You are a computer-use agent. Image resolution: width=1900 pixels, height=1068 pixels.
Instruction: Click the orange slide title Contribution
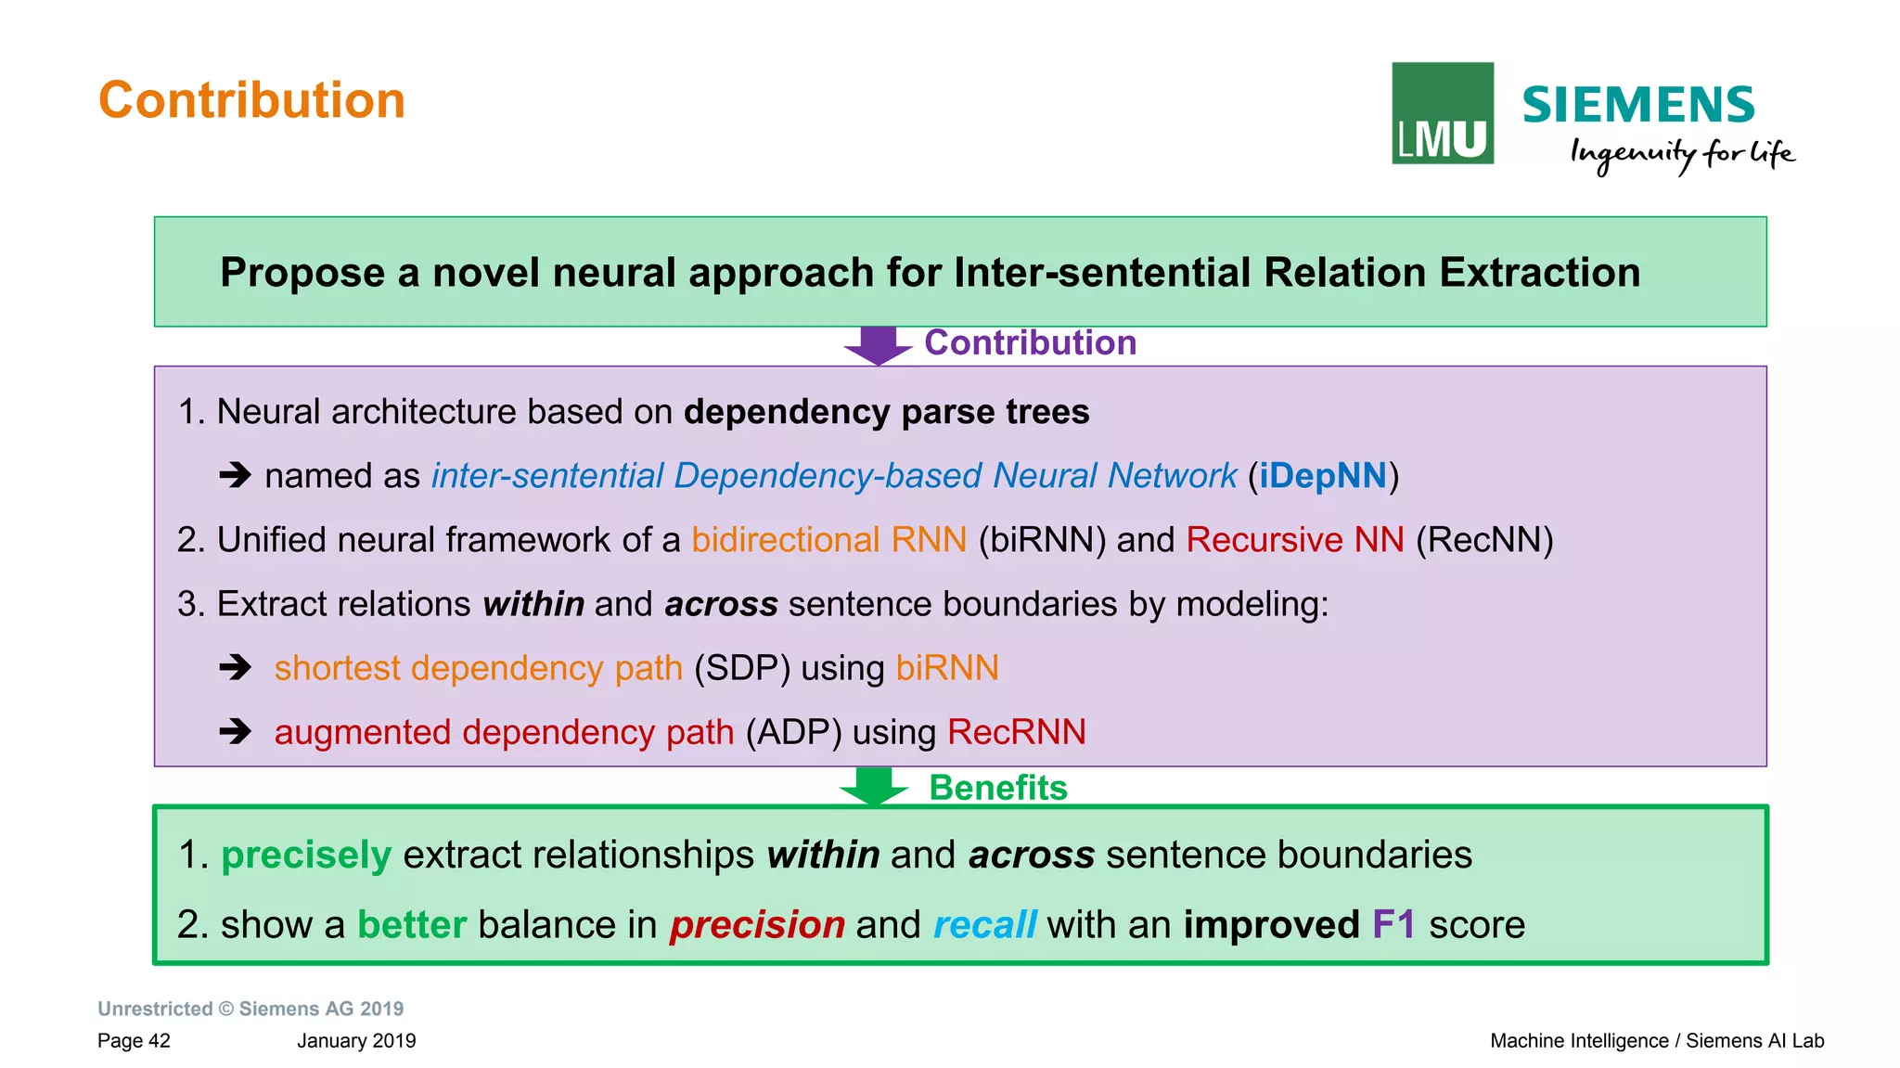pos(251,100)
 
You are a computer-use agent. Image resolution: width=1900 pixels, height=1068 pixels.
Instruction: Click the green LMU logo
pos(1442,113)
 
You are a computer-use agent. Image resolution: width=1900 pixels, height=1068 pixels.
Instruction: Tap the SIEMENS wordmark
pos(1637,105)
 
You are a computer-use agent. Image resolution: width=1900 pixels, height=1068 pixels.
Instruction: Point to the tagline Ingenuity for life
pos(1681,153)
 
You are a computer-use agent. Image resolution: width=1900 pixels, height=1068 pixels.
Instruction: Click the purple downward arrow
pos(878,345)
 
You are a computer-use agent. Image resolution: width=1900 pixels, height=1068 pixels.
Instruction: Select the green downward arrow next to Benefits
pos(873,786)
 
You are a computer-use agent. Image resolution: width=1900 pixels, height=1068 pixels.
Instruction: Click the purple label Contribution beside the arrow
pos(1030,342)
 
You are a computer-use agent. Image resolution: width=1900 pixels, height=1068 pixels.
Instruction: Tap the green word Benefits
pos(998,787)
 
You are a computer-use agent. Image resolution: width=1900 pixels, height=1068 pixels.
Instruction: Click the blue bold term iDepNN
pos(1322,475)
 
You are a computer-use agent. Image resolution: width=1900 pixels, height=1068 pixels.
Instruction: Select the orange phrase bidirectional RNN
pos(828,539)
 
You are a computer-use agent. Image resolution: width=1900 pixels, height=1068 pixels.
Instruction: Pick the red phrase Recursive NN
pos(1294,539)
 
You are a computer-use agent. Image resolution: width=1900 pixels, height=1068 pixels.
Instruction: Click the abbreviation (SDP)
pos(741,668)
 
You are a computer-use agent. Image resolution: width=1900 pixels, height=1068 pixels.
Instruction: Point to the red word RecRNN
pos(1016,732)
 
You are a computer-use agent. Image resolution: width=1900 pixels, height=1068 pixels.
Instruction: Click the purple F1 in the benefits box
pos(1393,924)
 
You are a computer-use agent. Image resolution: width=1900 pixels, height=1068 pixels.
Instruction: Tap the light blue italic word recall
pos(984,924)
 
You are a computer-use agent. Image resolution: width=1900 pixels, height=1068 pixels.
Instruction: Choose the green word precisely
pos(306,855)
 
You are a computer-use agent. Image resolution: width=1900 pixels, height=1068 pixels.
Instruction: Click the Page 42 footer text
pos(134,1040)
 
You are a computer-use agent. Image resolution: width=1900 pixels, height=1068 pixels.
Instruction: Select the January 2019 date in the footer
pos(356,1040)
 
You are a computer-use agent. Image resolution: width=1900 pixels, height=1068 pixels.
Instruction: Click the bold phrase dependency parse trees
pos(886,411)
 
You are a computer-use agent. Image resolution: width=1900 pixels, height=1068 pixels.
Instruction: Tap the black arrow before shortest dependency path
pos(236,667)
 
